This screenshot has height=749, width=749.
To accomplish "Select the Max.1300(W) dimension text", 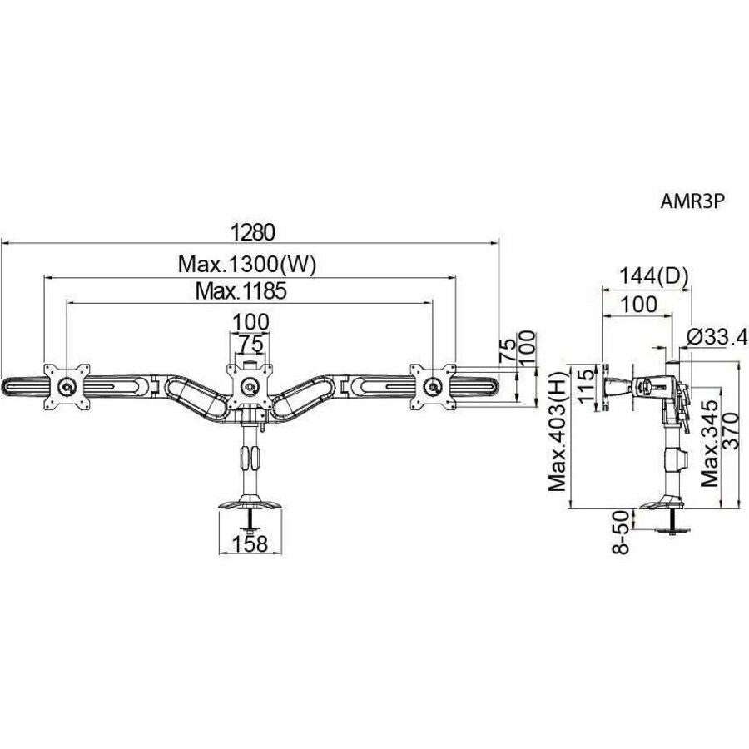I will click(x=249, y=265).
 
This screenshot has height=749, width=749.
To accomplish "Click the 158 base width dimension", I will click(x=249, y=543).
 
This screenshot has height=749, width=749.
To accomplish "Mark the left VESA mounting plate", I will click(x=67, y=385).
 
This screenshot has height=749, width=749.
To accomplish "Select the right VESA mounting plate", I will click(x=431, y=384).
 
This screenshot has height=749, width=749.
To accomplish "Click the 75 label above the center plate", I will click(x=249, y=344).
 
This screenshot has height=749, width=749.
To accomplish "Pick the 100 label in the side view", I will click(x=638, y=304).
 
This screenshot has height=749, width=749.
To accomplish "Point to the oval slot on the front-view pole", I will click(x=249, y=457).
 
